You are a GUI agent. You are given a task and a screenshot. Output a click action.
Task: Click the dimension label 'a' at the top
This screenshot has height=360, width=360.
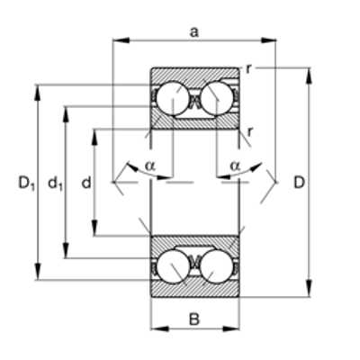coord(194,32)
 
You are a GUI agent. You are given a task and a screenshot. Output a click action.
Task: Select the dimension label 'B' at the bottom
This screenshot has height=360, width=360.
coord(194,319)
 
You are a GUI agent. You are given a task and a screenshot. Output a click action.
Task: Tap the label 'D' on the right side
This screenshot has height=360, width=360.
coord(299,183)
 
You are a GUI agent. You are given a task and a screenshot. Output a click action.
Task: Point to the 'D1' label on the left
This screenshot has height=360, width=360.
coord(27,184)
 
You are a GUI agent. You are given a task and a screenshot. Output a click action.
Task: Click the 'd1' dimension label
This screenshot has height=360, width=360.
coord(55,184)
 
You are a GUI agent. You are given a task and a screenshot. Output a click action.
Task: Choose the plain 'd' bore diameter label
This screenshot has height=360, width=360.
coord(86,183)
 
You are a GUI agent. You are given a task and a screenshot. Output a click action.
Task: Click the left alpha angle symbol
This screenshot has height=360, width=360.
coord(150,166)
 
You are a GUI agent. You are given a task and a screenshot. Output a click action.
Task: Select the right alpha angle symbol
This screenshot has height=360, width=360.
coord(235,166)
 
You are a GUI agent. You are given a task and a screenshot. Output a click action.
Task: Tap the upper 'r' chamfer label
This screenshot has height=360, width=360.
coord(248,69)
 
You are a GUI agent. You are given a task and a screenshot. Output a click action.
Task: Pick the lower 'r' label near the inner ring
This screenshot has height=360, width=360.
coord(250,131)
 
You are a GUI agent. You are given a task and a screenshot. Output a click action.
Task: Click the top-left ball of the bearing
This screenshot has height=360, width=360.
coord(173,98)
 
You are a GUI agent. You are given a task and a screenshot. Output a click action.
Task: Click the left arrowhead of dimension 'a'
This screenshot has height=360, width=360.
coord(121,40)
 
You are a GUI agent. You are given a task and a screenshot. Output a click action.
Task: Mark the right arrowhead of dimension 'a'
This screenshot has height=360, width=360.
coord(268,40)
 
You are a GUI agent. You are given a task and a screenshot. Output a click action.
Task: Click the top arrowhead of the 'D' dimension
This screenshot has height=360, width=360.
coord(310,76)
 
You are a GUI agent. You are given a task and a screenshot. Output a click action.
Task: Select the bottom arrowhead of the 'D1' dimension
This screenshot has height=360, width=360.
coord(38,272)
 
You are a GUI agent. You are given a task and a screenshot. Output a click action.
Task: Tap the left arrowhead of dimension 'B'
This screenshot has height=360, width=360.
coord(159,328)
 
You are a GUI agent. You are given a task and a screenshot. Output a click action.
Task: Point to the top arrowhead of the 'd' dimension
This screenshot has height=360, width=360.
coord(94,138)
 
